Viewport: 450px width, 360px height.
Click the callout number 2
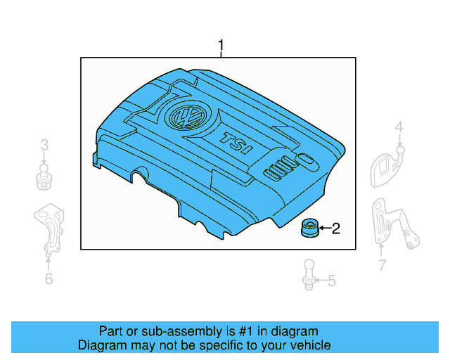[335, 228]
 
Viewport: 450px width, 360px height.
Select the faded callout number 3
[44, 146]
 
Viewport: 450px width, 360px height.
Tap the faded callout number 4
[399, 127]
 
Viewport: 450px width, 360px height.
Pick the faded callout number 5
[331, 281]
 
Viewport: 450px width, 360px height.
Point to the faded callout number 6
[48, 279]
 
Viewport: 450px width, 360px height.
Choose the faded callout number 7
[382, 265]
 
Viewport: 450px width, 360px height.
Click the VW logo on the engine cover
[188, 115]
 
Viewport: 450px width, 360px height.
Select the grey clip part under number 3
[44, 177]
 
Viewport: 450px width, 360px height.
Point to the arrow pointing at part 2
[323, 228]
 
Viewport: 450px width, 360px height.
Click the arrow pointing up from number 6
[48, 263]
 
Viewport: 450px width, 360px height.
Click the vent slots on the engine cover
[279, 169]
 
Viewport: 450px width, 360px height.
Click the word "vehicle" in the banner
[309, 345]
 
